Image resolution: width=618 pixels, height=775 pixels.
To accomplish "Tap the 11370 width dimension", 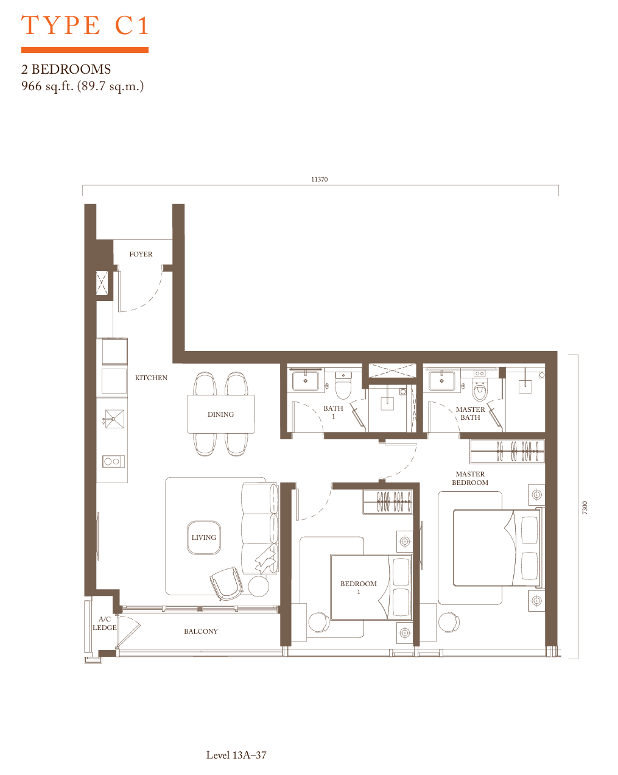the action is (319, 179).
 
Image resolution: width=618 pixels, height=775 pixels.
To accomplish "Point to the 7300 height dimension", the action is (585, 508).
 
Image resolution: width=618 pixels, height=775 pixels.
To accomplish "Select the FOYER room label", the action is (141, 254).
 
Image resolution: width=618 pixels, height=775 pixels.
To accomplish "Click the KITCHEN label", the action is (151, 378).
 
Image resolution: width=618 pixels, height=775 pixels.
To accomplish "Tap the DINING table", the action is (220, 414).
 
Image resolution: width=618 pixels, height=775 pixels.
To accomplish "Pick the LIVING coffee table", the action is (204, 537).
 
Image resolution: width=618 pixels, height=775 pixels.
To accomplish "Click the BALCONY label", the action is (201, 631).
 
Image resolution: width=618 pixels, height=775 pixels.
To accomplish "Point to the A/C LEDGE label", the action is (104, 623).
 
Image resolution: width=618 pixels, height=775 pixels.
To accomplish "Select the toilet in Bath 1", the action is (343, 386).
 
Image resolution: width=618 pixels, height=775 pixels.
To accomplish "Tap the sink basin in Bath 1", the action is (306, 381).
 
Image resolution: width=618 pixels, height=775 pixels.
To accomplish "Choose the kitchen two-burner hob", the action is (113, 462).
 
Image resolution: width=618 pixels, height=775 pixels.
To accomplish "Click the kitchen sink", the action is (114, 419).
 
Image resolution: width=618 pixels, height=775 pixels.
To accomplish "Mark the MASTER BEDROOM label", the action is (469, 478).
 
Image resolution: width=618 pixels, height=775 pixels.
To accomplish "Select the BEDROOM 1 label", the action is (359, 587).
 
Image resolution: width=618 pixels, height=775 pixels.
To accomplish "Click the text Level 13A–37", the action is (236, 755).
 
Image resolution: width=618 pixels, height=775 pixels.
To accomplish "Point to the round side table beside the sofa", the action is (258, 586).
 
